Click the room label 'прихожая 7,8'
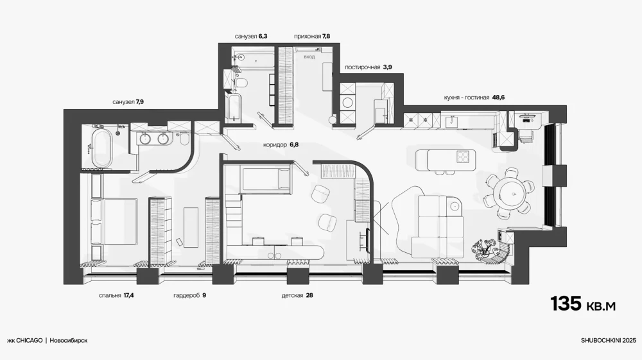pos(312,37)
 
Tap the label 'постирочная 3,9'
pos(368,67)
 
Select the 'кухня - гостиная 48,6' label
pos(474,98)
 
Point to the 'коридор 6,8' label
pos(281,145)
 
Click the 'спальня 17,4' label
pos(116,295)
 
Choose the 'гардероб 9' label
pos(189,295)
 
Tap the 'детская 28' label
pos(297,295)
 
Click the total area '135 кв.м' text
pos(583,304)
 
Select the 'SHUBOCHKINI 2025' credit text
pos(609,340)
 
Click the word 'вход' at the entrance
pos(309,57)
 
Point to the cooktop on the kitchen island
pos(463,157)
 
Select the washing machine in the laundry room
pos(347,102)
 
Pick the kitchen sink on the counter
pos(452,121)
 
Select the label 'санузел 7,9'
pos(128,102)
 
